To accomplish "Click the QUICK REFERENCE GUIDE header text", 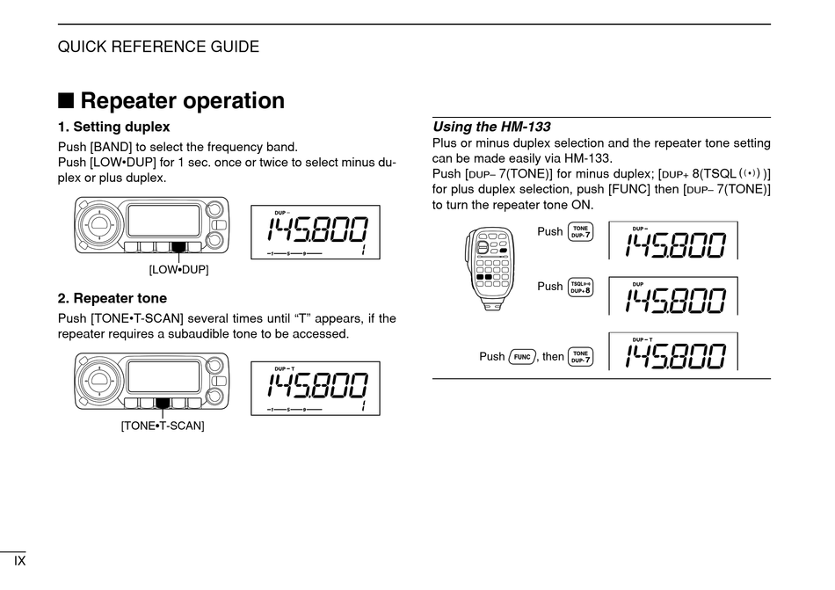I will coord(158,47).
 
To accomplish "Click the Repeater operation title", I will coord(182,101).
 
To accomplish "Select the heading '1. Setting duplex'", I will coord(114,127).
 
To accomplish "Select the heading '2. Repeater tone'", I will coord(113,299).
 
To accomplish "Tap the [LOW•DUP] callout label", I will coord(178,269).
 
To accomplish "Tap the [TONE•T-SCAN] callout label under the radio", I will coord(163,426).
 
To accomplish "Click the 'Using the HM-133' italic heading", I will coord(492,127).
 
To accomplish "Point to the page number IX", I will coord(19,560).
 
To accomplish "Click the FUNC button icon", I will coord(522,356).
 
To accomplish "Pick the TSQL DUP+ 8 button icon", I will coord(580,287).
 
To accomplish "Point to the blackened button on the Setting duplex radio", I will coord(178,248).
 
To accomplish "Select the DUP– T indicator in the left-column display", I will coord(284,368).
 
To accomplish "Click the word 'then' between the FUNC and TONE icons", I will coord(553,357).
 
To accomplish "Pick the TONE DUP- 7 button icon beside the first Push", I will coord(580,232).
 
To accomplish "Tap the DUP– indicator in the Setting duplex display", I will coord(281,212).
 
